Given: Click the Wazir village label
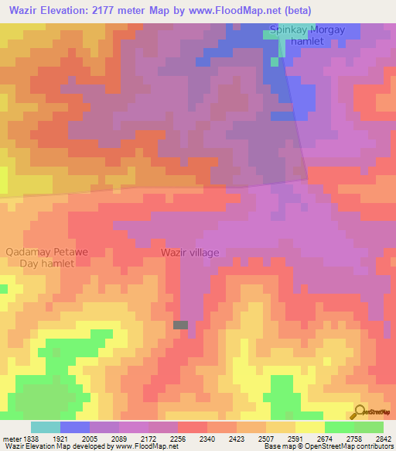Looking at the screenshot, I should pyautogui.click(x=190, y=253).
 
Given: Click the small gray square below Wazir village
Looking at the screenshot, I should pyautogui.click(x=180, y=325).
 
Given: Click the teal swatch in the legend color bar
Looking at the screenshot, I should pyautogui.click(x=46, y=427).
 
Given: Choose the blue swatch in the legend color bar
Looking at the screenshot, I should pyautogui.click(x=75, y=427).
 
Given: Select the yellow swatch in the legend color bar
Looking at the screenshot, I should pyautogui.click(x=309, y=427).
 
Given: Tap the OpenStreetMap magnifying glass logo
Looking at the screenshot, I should pyautogui.click(x=359, y=411).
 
